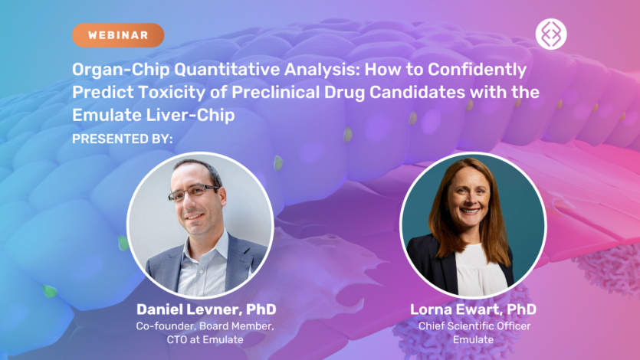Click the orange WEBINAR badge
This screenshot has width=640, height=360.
pyautogui.click(x=118, y=35)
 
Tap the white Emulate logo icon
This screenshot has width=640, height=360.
pyautogui.click(x=550, y=34)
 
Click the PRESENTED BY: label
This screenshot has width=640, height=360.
pyautogui.click(x=123, y=139)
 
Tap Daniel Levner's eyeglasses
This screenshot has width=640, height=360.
pyautogui.click(x=193, y=192)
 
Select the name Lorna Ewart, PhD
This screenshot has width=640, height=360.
pyautogui.click(x=472, y=309)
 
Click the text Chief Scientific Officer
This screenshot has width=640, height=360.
pyautogui.click(x=472, y=326)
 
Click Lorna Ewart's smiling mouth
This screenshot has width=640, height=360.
pyautogui.click(x=469, y=210)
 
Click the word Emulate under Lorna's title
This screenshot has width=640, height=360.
pyautogui.click(x=472, y=339)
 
